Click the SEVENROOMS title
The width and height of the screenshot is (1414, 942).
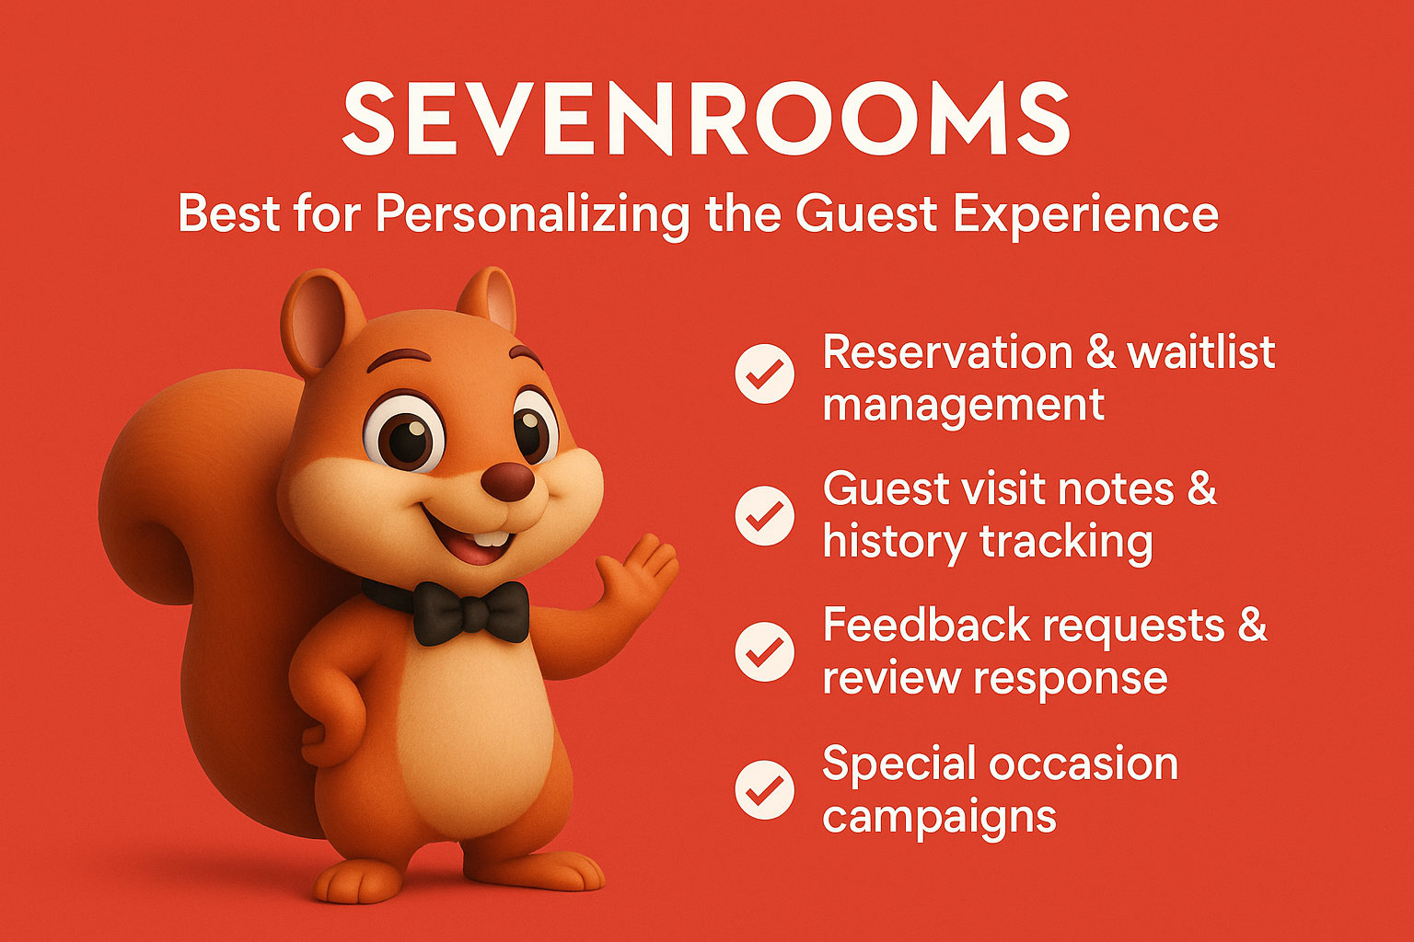[705, 118]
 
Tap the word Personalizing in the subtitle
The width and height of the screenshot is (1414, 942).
[532, 214]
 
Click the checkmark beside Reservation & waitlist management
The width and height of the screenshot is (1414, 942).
[764, 373]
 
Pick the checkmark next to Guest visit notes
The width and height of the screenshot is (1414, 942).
[764, 515]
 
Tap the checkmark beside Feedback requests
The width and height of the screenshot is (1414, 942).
[764, 651]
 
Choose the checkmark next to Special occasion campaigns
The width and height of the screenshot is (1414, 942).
[764, 789]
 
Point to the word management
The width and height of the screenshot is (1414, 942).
[963, 405]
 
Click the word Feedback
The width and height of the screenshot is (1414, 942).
[926, 626]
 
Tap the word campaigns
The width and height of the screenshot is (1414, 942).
[939, 817]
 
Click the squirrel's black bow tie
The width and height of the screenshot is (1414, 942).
[470, 612]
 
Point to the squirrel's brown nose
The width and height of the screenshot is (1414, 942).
[507, 481]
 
